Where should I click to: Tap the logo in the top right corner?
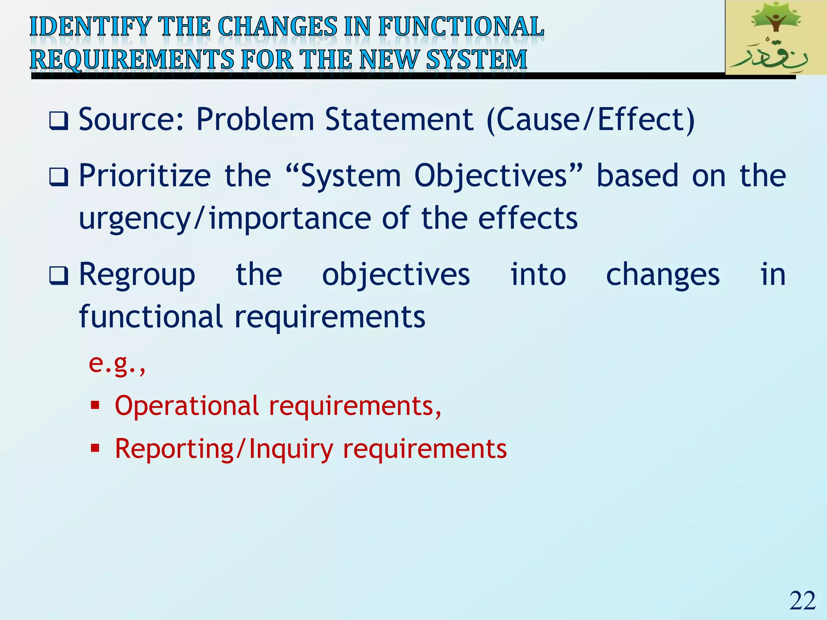pos(775,38)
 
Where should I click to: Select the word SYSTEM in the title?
pos(476,59)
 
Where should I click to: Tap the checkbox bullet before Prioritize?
pos(59,177)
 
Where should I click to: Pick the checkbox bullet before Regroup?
pos(59,276)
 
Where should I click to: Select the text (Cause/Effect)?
pos(590,120)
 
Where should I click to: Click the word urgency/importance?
pos(225,218)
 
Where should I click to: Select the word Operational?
pos(187,406)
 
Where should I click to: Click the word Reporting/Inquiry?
pos(224,449)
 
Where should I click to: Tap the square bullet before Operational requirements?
pos(95,405)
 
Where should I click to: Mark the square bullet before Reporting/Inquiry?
pos(95,448)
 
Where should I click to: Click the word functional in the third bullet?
pos(151,317)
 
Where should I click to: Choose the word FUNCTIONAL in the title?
pos(461,27)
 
